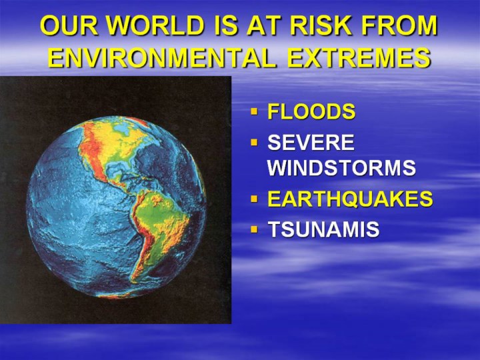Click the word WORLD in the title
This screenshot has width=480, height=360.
point(155,25)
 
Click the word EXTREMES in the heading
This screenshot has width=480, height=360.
point(359,57)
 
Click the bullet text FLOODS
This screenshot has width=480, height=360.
point(311,111)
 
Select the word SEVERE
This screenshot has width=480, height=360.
point(311,143)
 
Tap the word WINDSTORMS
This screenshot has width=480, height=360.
point(341,167)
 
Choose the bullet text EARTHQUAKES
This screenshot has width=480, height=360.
point(350,199)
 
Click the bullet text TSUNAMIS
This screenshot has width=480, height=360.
point(323,229)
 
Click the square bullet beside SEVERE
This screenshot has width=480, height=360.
point(254,142)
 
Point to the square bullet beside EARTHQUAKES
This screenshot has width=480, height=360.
point(254,199)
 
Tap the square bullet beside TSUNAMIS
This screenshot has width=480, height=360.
point(254,229)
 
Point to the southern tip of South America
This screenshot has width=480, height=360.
point(133,281)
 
